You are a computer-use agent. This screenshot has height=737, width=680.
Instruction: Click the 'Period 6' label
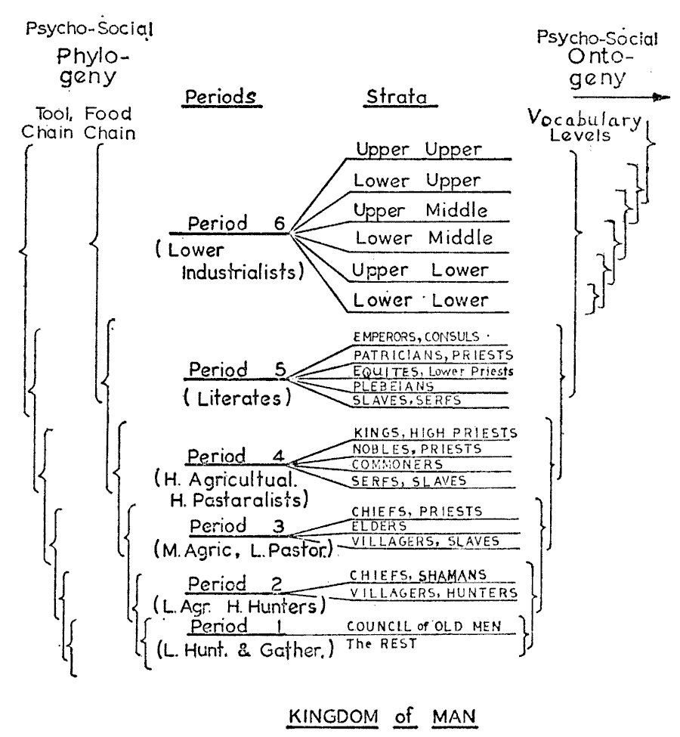coord(229,224)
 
